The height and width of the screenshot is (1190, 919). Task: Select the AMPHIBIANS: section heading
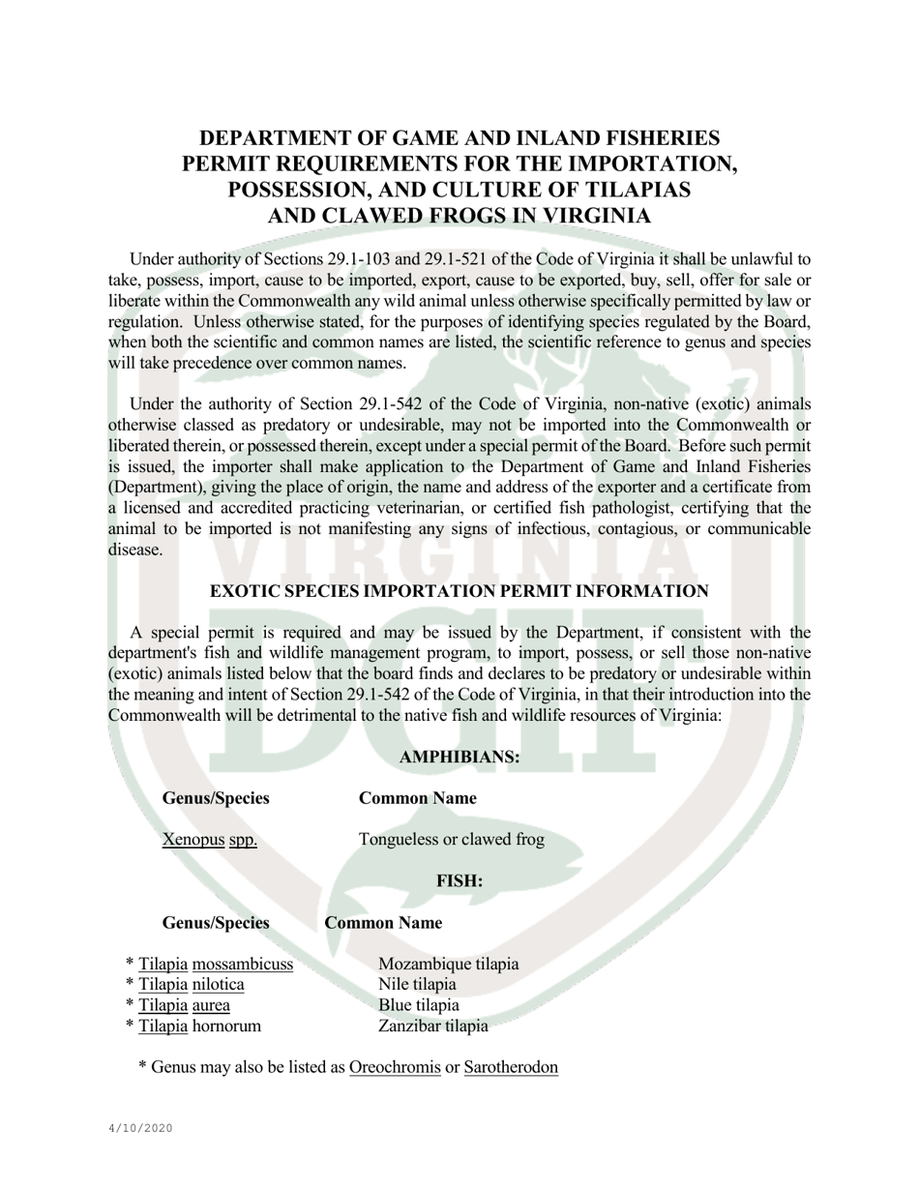(x=459, y=758)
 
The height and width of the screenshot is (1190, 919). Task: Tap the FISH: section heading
(x=459, y=881)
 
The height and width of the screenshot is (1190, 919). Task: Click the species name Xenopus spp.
(x=210, y=840)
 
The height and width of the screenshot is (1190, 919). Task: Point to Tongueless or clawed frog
(x=451, y=840)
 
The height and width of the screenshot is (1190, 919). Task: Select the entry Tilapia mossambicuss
(x=215, y=965)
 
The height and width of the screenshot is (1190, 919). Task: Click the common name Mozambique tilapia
(x=448, y=965)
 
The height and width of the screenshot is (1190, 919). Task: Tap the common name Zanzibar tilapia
(x=432, y=1026)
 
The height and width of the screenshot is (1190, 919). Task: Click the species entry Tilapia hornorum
(x=199, y=1026)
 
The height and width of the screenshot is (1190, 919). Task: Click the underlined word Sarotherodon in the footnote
(x=511, y=1067)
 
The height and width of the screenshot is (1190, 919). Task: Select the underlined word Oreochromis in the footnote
(x=395, y=1067)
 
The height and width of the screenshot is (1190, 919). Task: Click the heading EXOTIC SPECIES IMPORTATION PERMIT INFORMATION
(x=459, y=591)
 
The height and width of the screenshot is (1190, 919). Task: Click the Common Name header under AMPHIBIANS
(x=417, y=798)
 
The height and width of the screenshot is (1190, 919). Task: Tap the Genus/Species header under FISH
(x=216, y=923)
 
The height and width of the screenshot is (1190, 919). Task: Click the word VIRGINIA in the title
(x=588, y=216)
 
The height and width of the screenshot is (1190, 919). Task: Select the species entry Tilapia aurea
(x=184, y=1005)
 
